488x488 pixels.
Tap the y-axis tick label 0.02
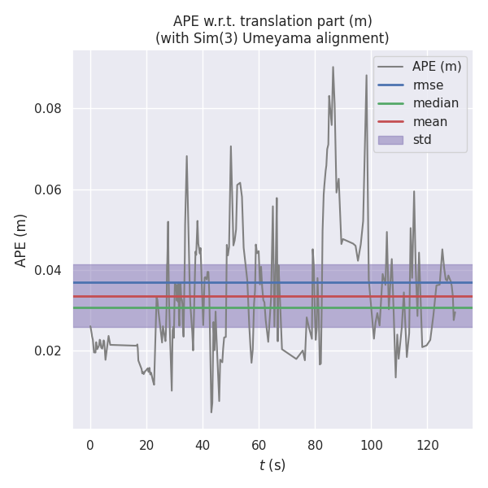point(47,351)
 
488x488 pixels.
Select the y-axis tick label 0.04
point(47,270)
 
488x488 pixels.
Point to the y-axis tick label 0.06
point(47,190)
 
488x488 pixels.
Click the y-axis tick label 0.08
point(47,109)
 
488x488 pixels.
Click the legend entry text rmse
point(427,85)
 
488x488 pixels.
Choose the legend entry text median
point(435,103)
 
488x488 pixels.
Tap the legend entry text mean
point(430,121)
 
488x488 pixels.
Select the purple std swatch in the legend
point(390,140)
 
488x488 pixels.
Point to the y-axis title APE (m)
point(20,240)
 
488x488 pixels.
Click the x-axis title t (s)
point(272,465)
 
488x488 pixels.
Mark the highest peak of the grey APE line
point(333,68)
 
